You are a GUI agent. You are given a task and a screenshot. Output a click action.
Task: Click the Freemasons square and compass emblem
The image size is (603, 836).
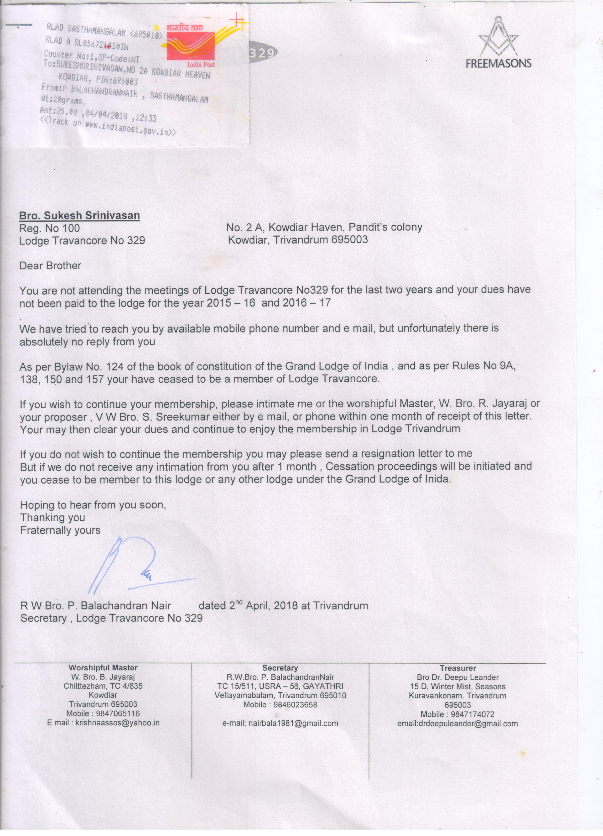click(x=498, y=37)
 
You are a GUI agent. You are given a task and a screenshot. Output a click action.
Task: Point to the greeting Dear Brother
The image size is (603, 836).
click(x=50, y=266)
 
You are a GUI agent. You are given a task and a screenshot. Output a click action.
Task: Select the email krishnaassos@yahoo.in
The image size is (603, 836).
click(x=117, y=723)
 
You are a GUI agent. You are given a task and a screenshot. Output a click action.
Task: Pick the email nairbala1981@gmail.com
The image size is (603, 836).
click(x=293, y=723)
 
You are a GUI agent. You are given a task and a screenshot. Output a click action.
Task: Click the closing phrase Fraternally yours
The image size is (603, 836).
click(x=60, y=530)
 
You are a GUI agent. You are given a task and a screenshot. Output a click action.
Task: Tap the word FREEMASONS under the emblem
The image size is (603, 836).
click(x=498, y=63)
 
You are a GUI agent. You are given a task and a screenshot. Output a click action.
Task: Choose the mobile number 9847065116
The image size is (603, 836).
click(x=118, y=714)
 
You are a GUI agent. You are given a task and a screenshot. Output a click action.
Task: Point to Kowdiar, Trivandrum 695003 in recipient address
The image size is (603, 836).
click(x=298, y=240)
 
